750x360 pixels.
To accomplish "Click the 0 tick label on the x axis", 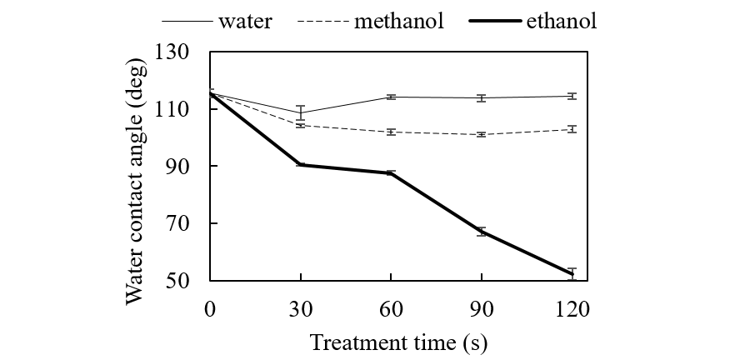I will tap(210, 309).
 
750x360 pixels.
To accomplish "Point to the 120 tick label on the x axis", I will tap(572, 309).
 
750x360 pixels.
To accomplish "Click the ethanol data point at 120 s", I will tap(572, 274).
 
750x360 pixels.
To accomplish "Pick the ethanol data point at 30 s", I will tap(300, 165).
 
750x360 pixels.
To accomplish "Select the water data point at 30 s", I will tap(300, 112).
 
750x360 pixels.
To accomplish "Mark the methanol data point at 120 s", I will tap(572, 129).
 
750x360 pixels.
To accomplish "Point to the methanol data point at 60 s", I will tap(391, 132).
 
